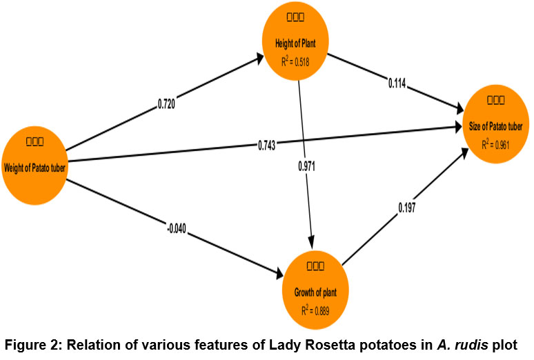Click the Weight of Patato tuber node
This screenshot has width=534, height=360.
click(35, 158)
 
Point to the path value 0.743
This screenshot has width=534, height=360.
click(266, 145)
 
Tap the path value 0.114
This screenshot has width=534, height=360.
click(396, 84)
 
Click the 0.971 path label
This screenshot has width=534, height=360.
click(307, 166)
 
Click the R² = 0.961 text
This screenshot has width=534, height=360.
click(499, 144)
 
